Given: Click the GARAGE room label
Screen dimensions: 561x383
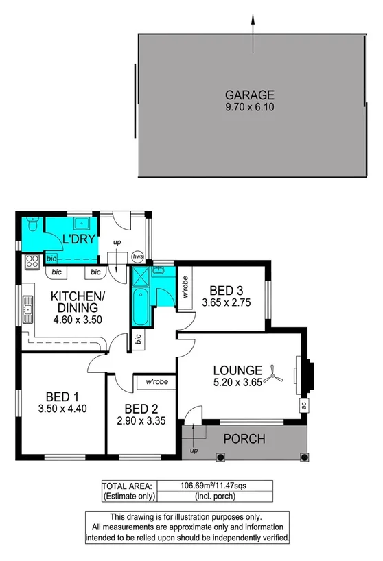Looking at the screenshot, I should coord(250,95).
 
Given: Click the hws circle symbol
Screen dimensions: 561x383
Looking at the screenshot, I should coord(138,256).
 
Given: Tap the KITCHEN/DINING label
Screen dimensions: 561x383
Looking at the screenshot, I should coord(77,302).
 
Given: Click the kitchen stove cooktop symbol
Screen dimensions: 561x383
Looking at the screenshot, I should coord(31,261).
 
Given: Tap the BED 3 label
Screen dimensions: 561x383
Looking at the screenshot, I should coord(225,289).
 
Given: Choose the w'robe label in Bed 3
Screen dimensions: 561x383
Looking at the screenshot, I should coord(185,288).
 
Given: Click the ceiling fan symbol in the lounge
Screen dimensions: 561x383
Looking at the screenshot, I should coord(275,372).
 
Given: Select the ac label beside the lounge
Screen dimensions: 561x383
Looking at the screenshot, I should coord(303,405).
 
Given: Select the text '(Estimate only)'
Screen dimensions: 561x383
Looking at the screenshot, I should coord(128,495).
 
